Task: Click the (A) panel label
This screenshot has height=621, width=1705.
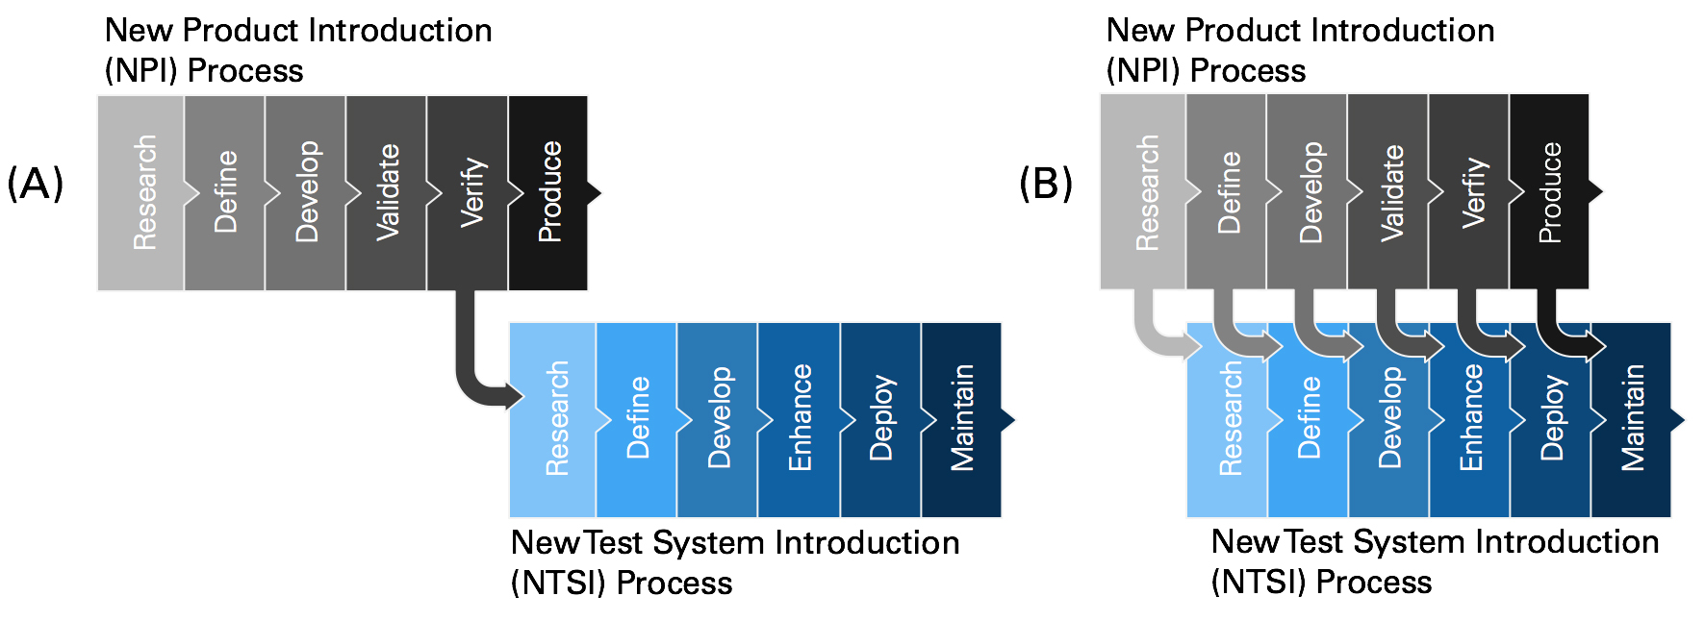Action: coord(35,183)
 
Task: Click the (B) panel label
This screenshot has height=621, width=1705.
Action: coord(1045,183)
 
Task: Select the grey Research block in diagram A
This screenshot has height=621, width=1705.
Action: coord(140,192)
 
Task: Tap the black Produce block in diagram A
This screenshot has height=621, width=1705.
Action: coord(548,192)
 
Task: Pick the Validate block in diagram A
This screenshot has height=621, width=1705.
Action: coord(386,192)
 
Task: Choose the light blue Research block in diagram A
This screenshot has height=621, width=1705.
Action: coord(552,419)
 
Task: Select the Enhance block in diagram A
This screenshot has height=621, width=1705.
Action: coord(799,419)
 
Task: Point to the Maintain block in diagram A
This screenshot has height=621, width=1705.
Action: coord(961,419)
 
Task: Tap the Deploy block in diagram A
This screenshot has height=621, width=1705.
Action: coord(880,419)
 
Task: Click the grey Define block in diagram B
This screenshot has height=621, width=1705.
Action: coord(1227,192)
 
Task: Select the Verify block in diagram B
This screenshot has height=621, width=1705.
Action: coord(1469,192)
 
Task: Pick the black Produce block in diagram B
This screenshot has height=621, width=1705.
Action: coord(1549,192)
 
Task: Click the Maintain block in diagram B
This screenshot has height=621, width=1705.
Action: coord(1632,419)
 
